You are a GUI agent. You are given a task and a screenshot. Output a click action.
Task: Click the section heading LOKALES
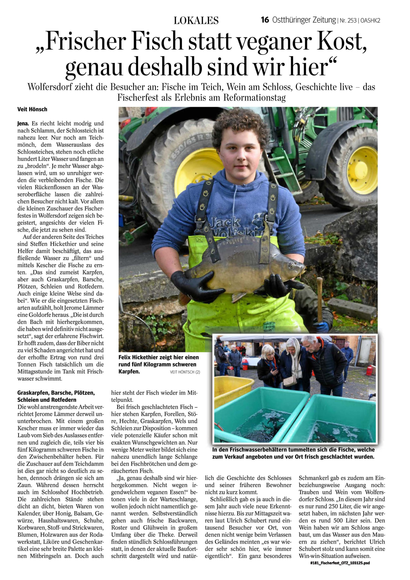tap(196, 21)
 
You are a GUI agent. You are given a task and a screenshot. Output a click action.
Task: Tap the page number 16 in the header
tap(265, 20)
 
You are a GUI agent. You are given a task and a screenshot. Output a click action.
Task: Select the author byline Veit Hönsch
tap(32, 109)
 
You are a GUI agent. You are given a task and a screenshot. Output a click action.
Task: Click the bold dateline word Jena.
tap(23, 124)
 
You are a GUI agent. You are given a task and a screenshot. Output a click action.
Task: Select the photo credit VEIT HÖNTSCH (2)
tap(185, 372)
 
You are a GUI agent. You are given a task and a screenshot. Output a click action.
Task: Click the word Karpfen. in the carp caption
tap(129, 371)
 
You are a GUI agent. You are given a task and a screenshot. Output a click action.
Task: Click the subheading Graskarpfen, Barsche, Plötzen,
tap(56, 393)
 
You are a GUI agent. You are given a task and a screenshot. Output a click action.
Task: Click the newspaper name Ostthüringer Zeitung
tap(304, 20)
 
